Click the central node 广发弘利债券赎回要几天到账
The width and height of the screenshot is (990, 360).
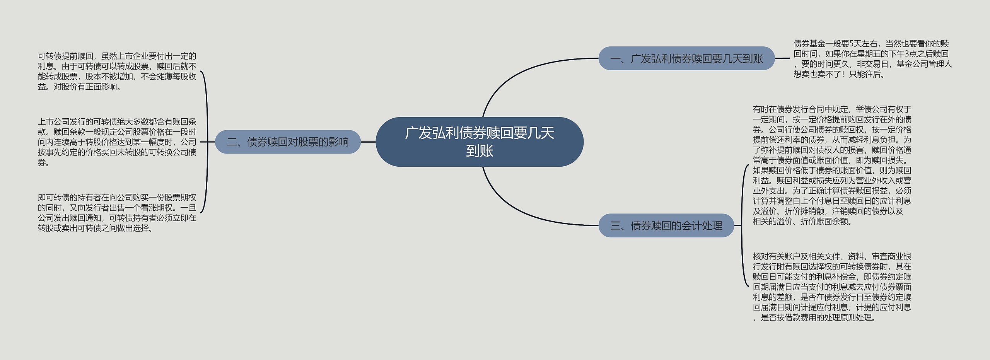pyautogui.click(x=480, y=142)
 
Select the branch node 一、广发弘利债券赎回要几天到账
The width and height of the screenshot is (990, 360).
pyautogui.click(x=686, y=58)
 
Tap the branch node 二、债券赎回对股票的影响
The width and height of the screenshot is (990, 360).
pyautogui.click(x=288, y=142)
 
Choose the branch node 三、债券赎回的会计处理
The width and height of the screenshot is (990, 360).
pyautogui.click(x=666, y=225)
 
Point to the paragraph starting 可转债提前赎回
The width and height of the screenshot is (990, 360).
pyautogui.click(x=117, y=72)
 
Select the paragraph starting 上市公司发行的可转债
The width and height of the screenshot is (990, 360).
pyautogui.click(x=117, y=142)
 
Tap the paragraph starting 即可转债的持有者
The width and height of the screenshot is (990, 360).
pyautogui.click(x=117, y=213)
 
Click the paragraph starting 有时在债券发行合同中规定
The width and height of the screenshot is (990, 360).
pyautogui.click(x=832, y=165)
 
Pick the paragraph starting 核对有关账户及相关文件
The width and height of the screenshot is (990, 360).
pyautogui.click(x=832, y=287)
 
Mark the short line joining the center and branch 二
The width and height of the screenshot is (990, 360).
pyautogui.click(x=368, y=142)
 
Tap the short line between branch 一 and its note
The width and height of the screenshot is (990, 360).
pyautogui.click(x=782, y=58)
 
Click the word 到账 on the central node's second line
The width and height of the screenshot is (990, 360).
pyautogui.click(x=480, y=151)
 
